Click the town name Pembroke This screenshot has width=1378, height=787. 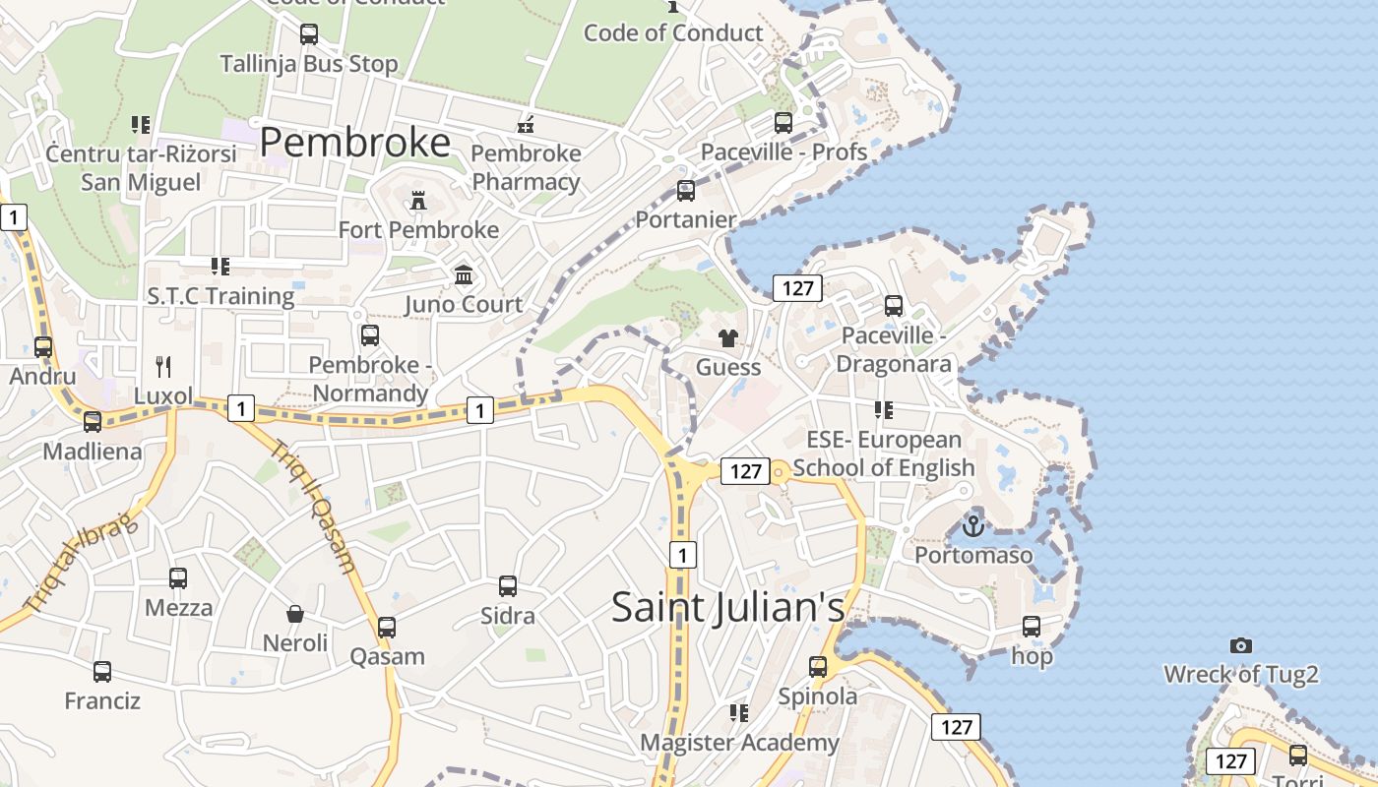click(x=355, y=144)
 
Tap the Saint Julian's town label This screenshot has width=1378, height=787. click(x=728, y=606)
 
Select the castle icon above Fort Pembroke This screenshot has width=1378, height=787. click(x=418, y=202)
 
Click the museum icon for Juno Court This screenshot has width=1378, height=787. click(x=464, y=275)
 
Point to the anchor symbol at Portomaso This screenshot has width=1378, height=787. click(x=973, y=526)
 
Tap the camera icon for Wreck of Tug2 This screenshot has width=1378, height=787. click(x=1241, y=645)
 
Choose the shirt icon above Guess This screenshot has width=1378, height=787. click(x=728, y=339)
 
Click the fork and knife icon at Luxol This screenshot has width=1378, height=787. click(x=163, y=367)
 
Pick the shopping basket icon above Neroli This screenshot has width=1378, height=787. click(x=294, y=615)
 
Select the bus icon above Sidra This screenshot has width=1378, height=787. click(x=508, y=586)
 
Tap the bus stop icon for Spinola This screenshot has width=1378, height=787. click(x=818, y=667)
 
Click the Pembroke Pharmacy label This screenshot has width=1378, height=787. click(x=526, y=168)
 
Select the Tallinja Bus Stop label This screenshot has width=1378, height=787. click(x=309, y=64)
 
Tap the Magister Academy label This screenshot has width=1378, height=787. click(x=740, y=743)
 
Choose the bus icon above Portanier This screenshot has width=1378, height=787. click(x=686, y=191)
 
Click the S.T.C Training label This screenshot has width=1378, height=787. click(x=220, y=296)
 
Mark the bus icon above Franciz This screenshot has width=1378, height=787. click(x=102, y=672)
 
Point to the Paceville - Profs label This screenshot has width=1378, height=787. click(x=783, y=151)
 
